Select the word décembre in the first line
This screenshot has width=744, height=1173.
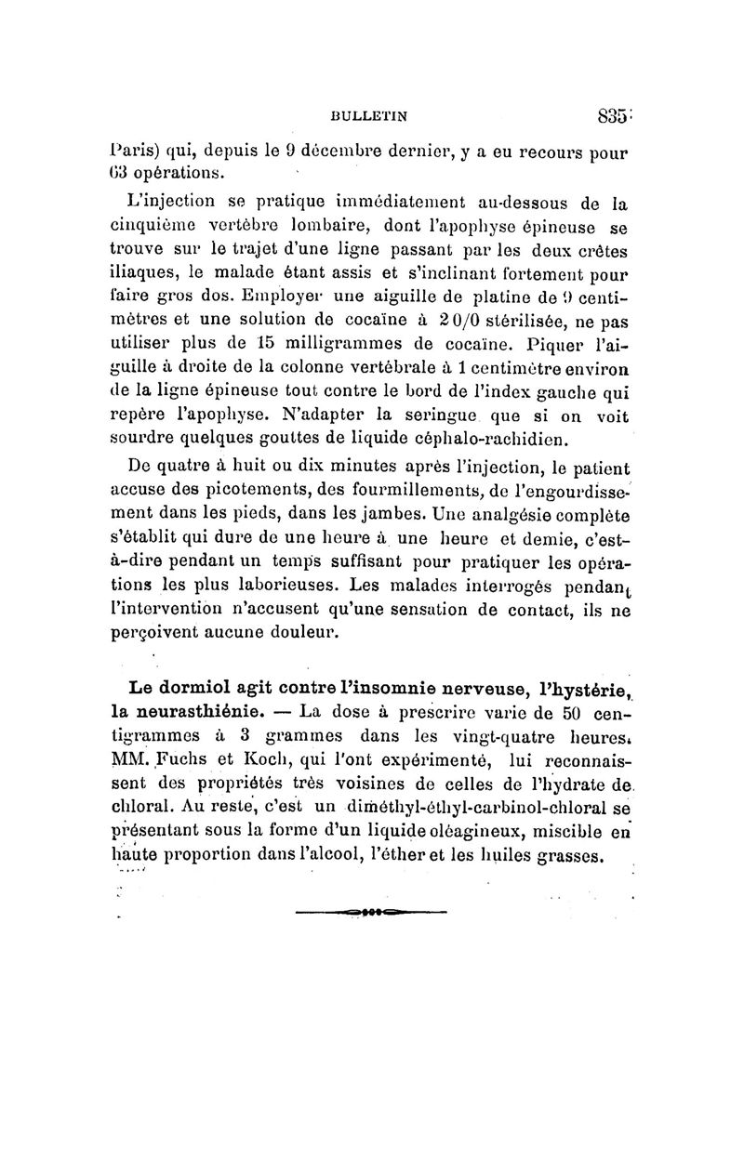[x=325, y=152]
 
